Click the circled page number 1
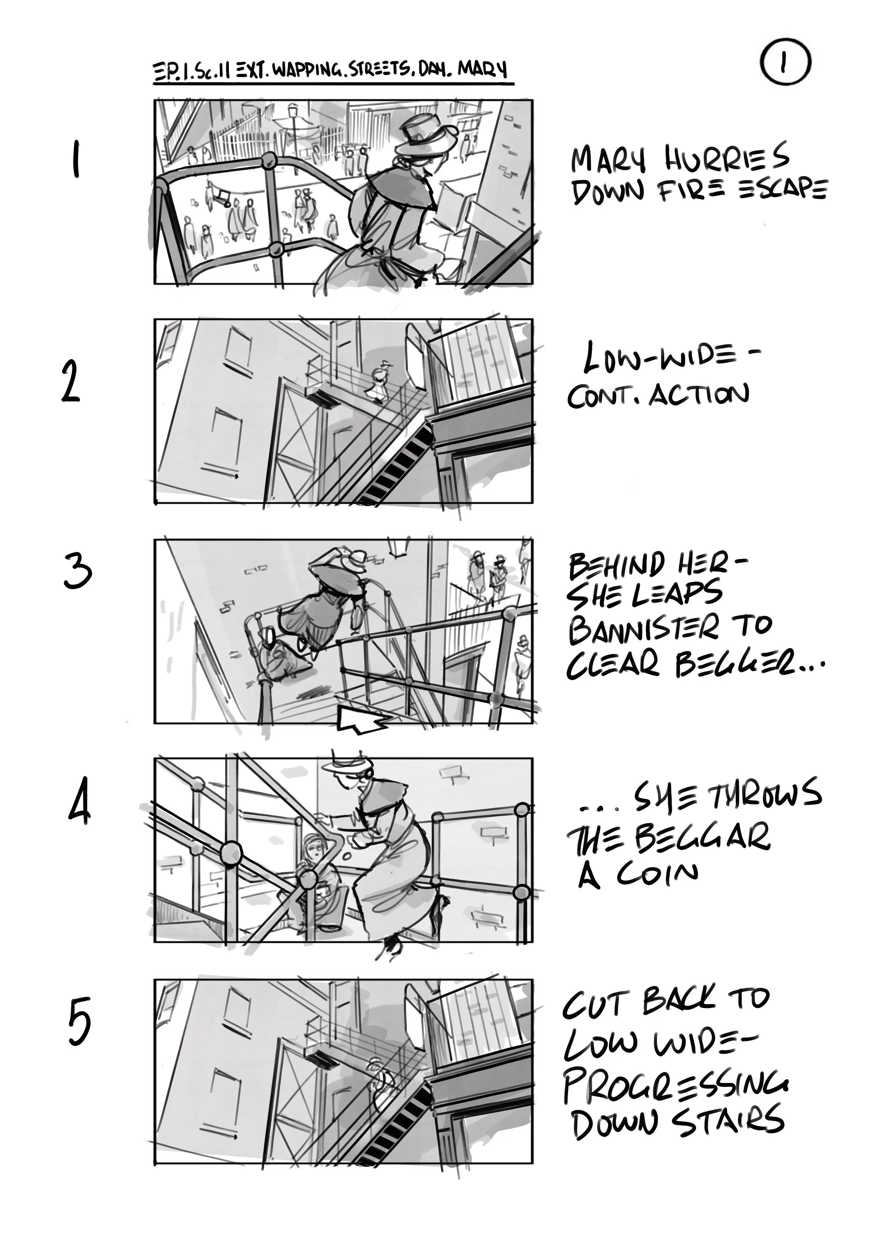tap(785, 63)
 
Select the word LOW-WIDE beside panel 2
tap(671, 359)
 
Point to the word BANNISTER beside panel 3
tap(643, 628)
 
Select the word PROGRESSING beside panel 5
tap(676, 1086)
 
